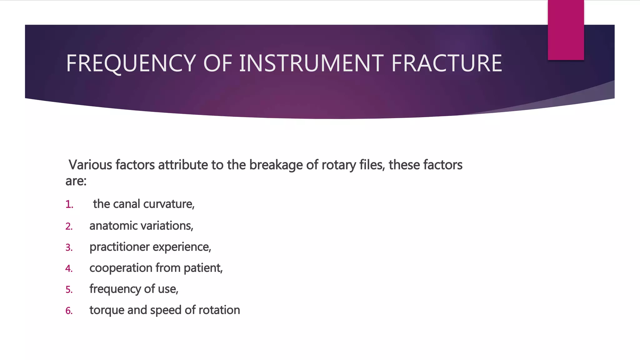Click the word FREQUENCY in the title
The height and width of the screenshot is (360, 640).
[x=131, y=63]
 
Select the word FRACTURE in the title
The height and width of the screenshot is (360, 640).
[x=447, y=63]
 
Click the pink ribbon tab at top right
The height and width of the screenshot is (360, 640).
[x=566, y=30]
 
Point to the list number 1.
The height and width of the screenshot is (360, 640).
[x=69, y=205]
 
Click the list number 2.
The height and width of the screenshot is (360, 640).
[x=69, y=226]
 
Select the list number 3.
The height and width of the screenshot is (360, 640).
[x=69, y=247]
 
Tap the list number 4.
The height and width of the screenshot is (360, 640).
[x=69, y=268]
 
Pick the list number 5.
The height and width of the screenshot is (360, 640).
[x=69, y=290]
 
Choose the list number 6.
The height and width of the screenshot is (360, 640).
[x=69, y=311]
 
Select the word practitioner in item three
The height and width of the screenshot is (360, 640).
[x=119, y=247]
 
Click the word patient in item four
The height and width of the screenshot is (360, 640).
[x=203, y=268]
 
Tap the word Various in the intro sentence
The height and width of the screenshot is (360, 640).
[x=90, y=165]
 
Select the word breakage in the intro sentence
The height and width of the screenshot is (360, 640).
[x=276, y=165]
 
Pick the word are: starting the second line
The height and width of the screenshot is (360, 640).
[x=76, y=181]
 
